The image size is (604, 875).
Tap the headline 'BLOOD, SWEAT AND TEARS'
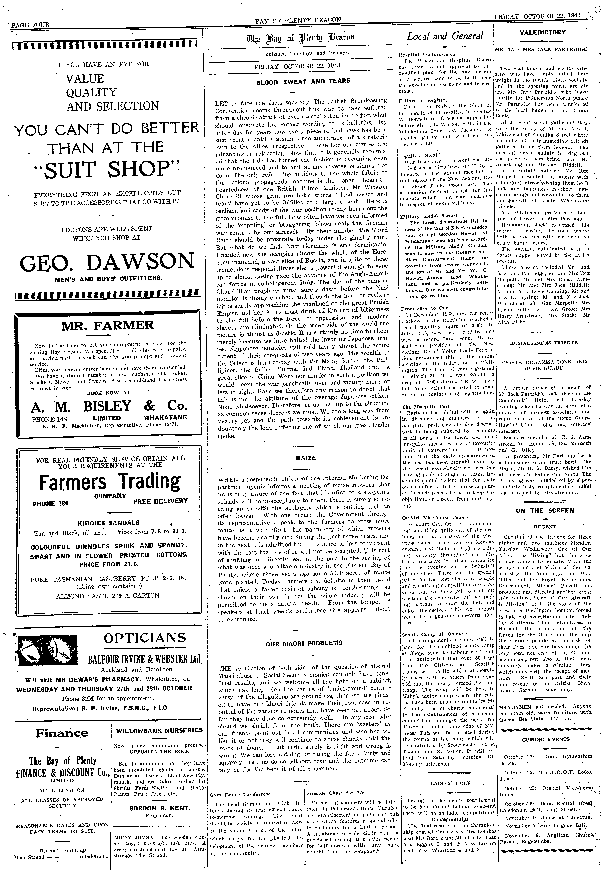tap(303, 81)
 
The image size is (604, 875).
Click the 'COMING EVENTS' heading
tap(545, 739)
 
